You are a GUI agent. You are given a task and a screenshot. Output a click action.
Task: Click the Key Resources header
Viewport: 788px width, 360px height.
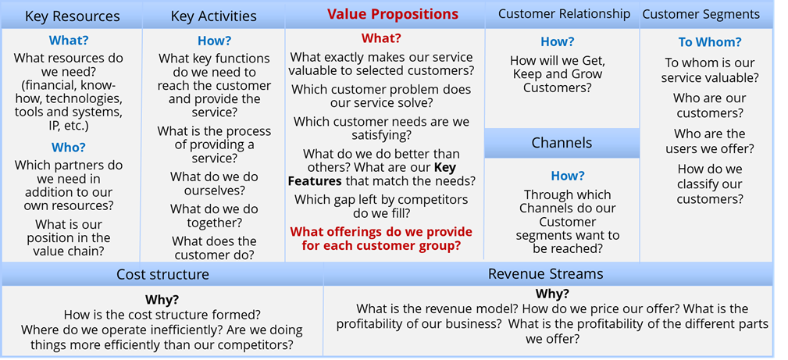point(73,16)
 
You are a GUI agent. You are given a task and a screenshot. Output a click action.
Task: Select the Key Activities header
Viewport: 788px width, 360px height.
point(213,16)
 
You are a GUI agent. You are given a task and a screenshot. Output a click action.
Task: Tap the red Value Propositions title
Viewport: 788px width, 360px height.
point(393,13)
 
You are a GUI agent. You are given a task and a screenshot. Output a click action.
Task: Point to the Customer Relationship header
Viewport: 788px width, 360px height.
point(564,13)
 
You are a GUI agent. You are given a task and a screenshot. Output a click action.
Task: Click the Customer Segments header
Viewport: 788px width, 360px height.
point(708,14)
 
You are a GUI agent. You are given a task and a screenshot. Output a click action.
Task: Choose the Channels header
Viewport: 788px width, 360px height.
point(562,143)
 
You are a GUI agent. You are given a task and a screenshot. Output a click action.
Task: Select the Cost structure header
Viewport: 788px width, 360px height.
point(162,274)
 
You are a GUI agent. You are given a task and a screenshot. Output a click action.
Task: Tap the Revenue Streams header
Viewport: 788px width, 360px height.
point(545,274)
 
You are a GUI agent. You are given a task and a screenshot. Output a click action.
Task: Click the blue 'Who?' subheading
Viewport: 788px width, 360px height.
point(69,148)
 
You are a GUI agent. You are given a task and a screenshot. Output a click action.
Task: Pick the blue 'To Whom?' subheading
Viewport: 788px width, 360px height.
point(708,43)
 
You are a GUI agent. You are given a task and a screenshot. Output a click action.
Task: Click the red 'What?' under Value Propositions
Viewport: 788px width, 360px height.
point(381,38)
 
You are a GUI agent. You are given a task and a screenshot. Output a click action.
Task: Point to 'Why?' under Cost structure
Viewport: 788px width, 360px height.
point(162,300)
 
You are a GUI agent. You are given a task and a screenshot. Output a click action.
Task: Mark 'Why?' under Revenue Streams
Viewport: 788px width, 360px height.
point(552,294)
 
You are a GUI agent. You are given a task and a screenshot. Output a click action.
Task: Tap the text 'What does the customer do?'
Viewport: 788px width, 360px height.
point(214,248)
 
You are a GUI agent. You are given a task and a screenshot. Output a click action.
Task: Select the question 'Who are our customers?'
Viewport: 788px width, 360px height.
point(710,105)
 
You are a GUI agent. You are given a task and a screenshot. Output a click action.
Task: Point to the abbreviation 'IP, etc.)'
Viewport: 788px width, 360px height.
point(69,125)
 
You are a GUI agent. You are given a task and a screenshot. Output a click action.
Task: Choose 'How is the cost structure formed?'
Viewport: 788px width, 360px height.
point(162,315)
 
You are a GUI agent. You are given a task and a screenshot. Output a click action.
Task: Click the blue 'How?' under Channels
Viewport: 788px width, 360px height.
point(568,176)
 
